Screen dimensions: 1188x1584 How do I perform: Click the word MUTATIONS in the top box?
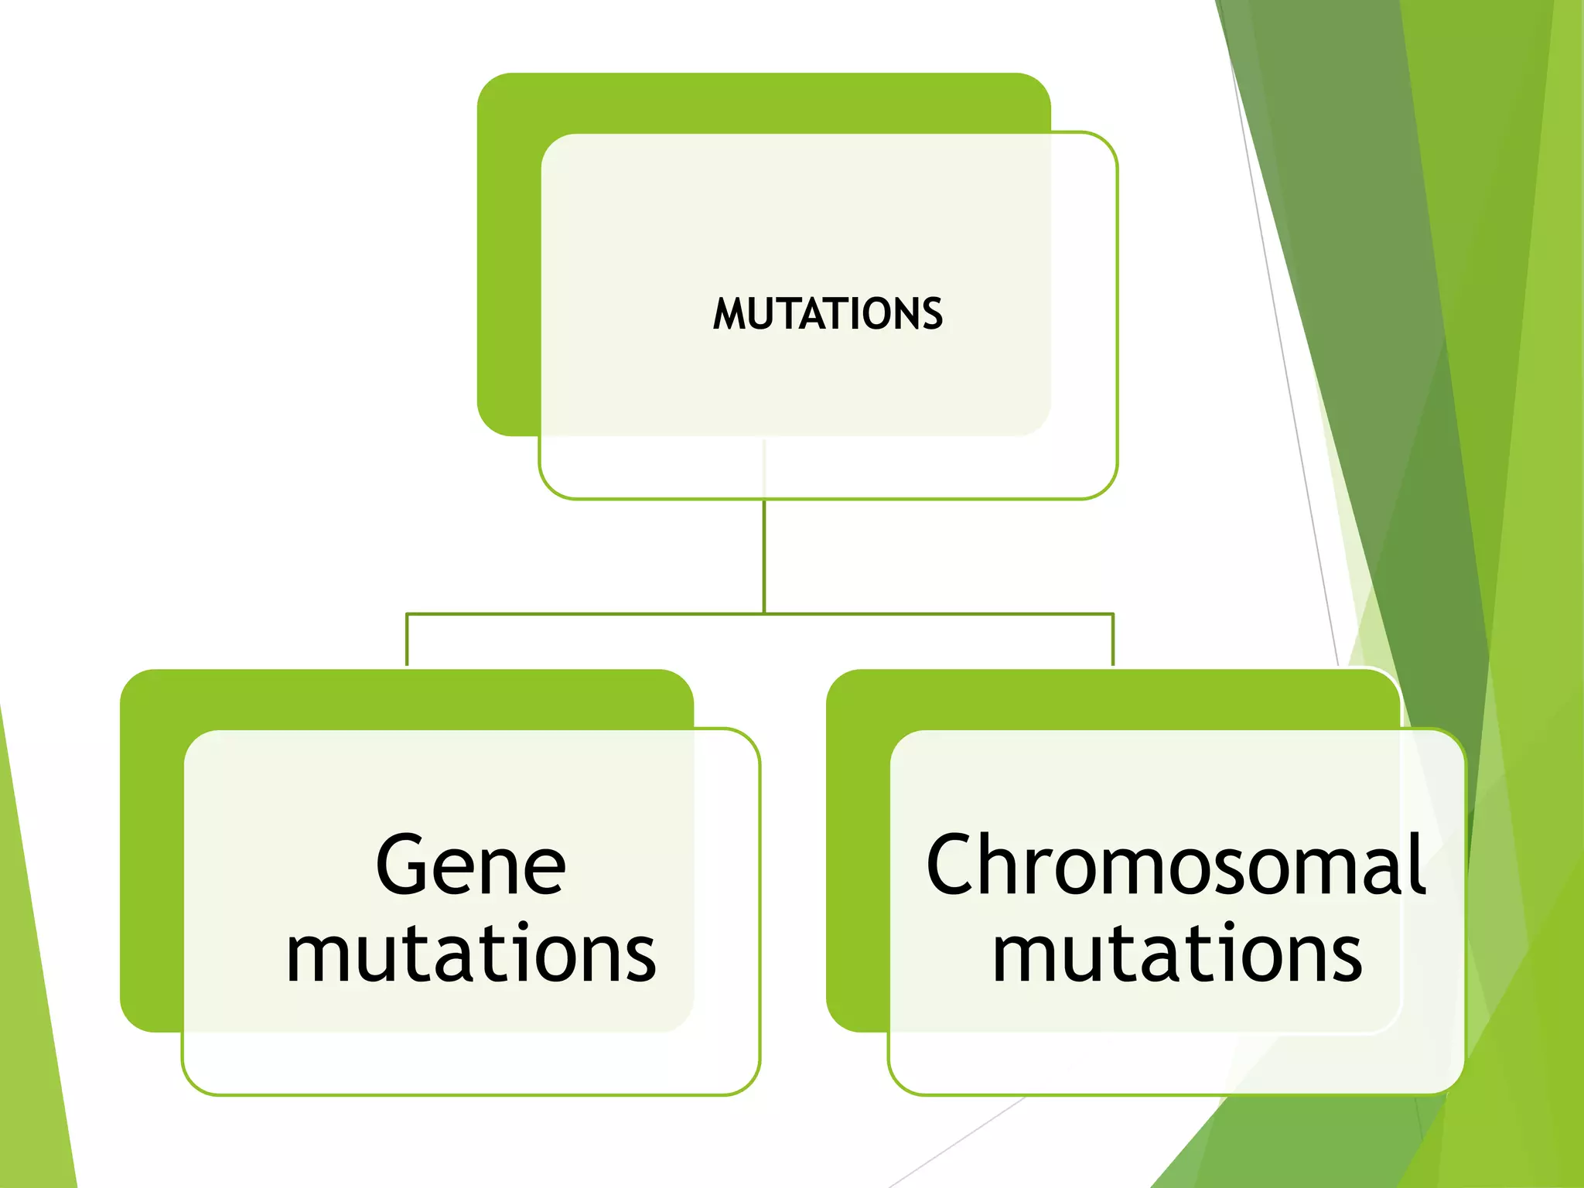(x=828, y=314)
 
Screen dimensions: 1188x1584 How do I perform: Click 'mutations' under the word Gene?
(x=471, y=954)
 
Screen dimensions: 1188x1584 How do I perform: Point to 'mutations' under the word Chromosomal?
(x=1176, y=954)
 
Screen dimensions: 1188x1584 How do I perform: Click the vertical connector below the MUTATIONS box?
(x=764, y=557)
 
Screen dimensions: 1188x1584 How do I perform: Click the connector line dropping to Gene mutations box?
(x=407, y=640)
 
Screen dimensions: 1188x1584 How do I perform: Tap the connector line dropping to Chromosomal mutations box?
(x=1113, y=640)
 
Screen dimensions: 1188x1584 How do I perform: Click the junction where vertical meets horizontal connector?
(x=764, y=614)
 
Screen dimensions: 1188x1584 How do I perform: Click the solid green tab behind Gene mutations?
(x=152, y=851)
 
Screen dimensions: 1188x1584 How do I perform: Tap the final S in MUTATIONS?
(x=933, y=314)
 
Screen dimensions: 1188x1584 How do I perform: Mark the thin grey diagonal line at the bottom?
(x=959, y=1141)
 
